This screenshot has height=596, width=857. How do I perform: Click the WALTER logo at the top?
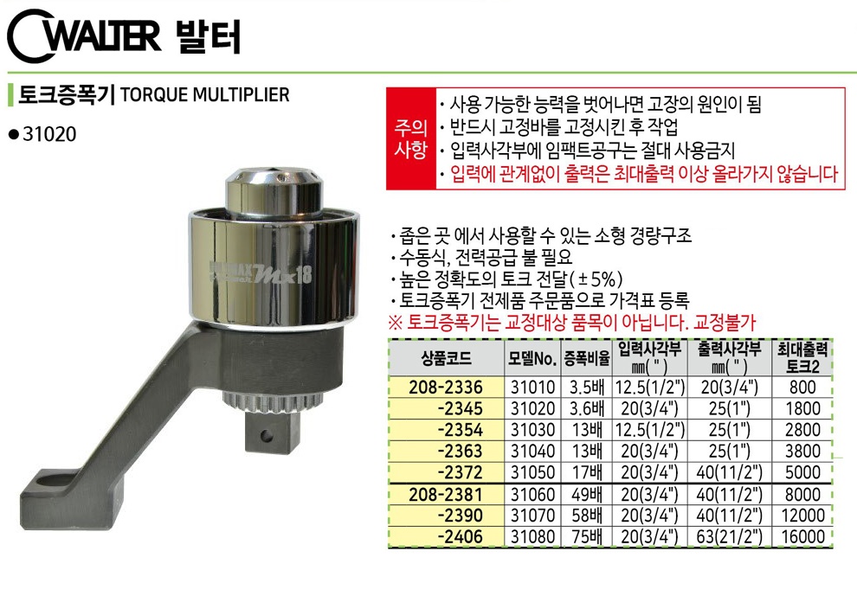[85, 35]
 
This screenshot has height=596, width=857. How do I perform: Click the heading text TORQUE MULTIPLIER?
[204, 94]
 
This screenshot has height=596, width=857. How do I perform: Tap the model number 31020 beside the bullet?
[49, 134]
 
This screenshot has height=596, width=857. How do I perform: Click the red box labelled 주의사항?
[411, 138]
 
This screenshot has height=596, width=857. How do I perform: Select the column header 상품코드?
[446, 358]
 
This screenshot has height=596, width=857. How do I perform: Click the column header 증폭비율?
[587, 358]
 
